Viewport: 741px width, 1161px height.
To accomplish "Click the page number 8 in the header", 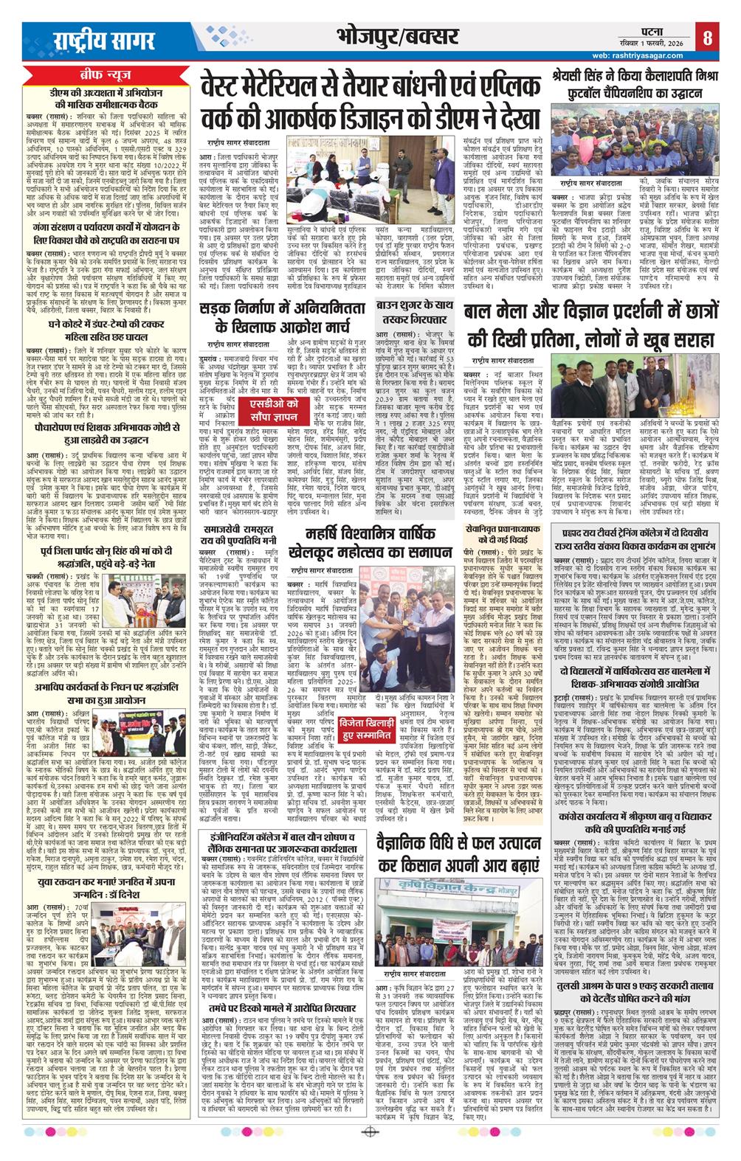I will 706,37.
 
